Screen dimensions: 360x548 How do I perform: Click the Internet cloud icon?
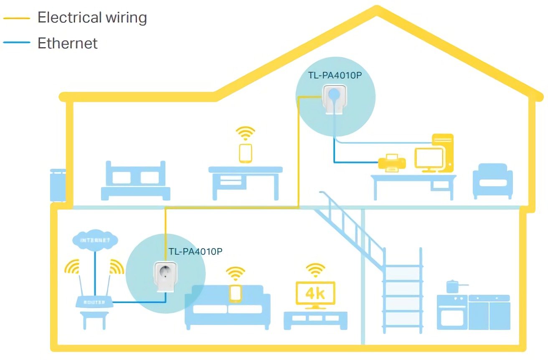pyautogui.click(x=95, y=241)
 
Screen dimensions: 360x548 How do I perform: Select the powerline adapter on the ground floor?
pyautogui.click(x=163, y=276)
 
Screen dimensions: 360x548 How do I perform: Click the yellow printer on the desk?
pyautogui.click(x=391, y=162)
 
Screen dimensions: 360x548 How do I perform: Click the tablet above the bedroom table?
pyautogui.click(x=246, y=153)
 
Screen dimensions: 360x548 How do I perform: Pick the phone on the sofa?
pyautogui.click(x=236, y=293)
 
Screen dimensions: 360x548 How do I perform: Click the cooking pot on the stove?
pyautogui.click(x=453, y=286)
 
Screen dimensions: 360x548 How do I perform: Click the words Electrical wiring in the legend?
pyautogui.click(x=92, y=18)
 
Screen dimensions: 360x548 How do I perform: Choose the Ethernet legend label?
pyautogui.click(x=67, y=43)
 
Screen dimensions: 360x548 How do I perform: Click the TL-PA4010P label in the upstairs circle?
pyautogui.click(x=335, y=76)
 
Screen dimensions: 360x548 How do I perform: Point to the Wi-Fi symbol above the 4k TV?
pyautogui.click(x=315, y=269)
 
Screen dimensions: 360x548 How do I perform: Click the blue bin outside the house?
pyautogui.click(x=58, y=185)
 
